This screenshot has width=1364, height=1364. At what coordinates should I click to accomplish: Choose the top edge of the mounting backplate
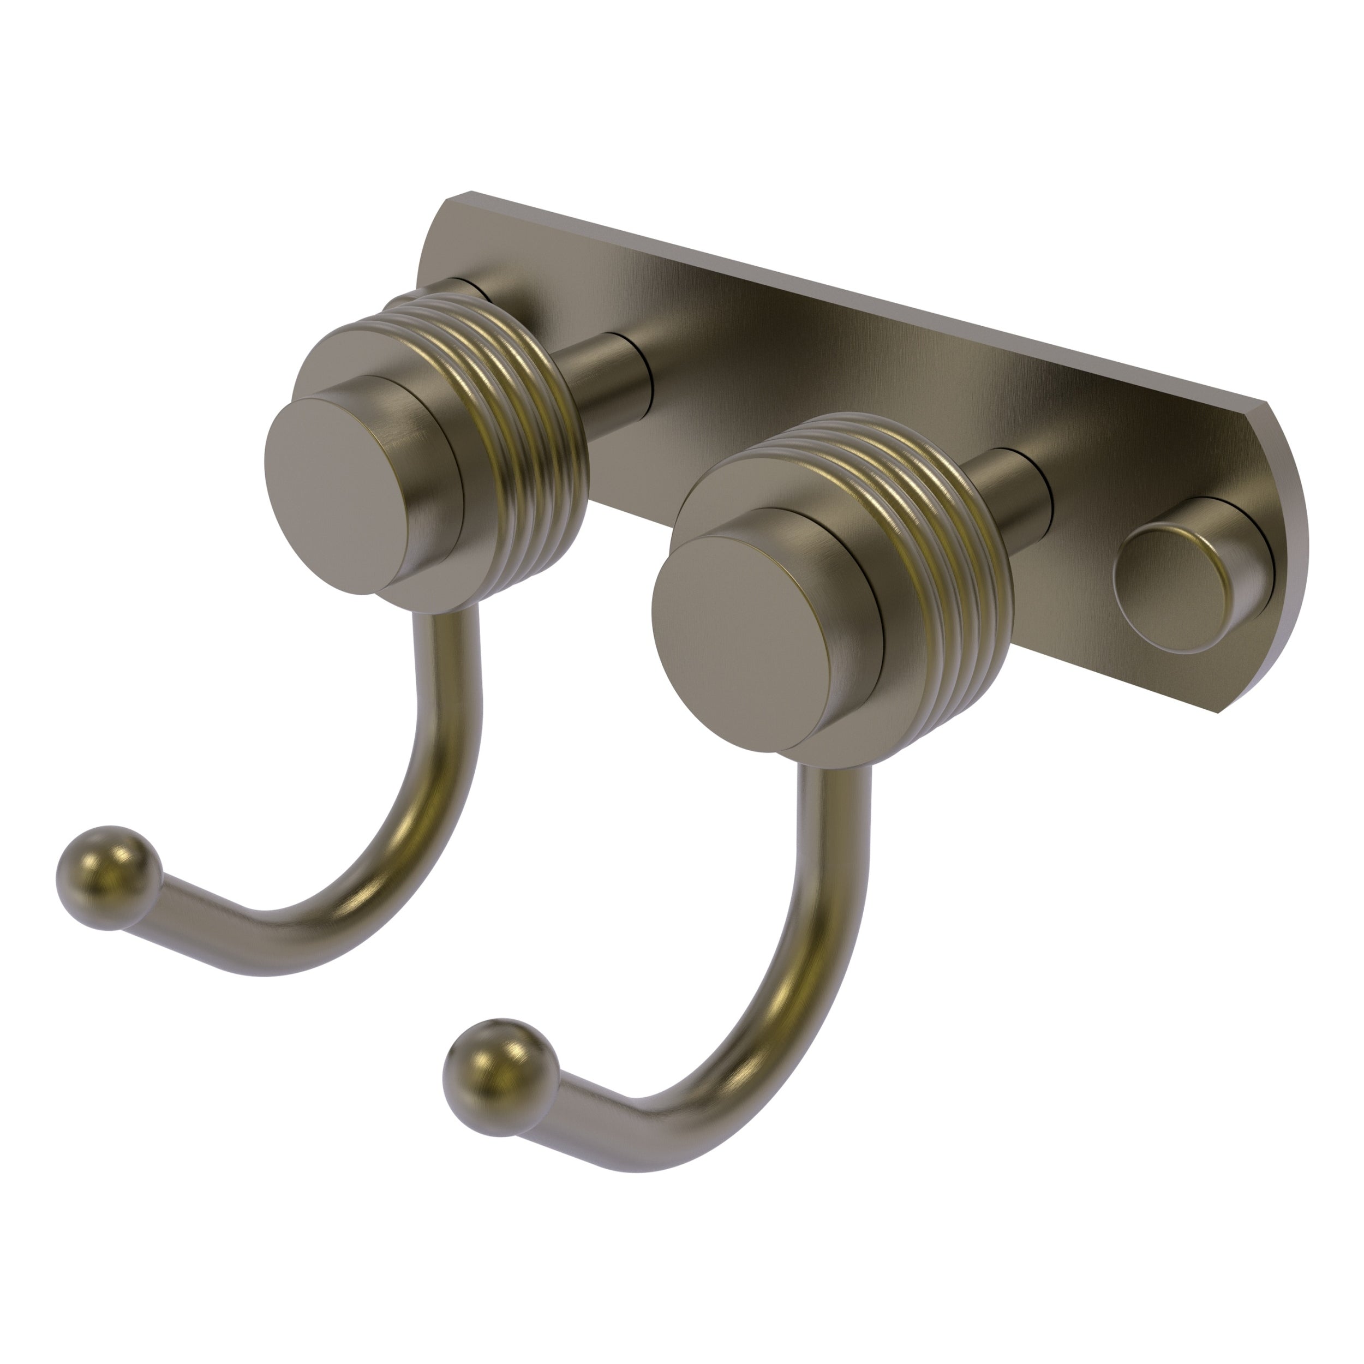click(x=847, y=296)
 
